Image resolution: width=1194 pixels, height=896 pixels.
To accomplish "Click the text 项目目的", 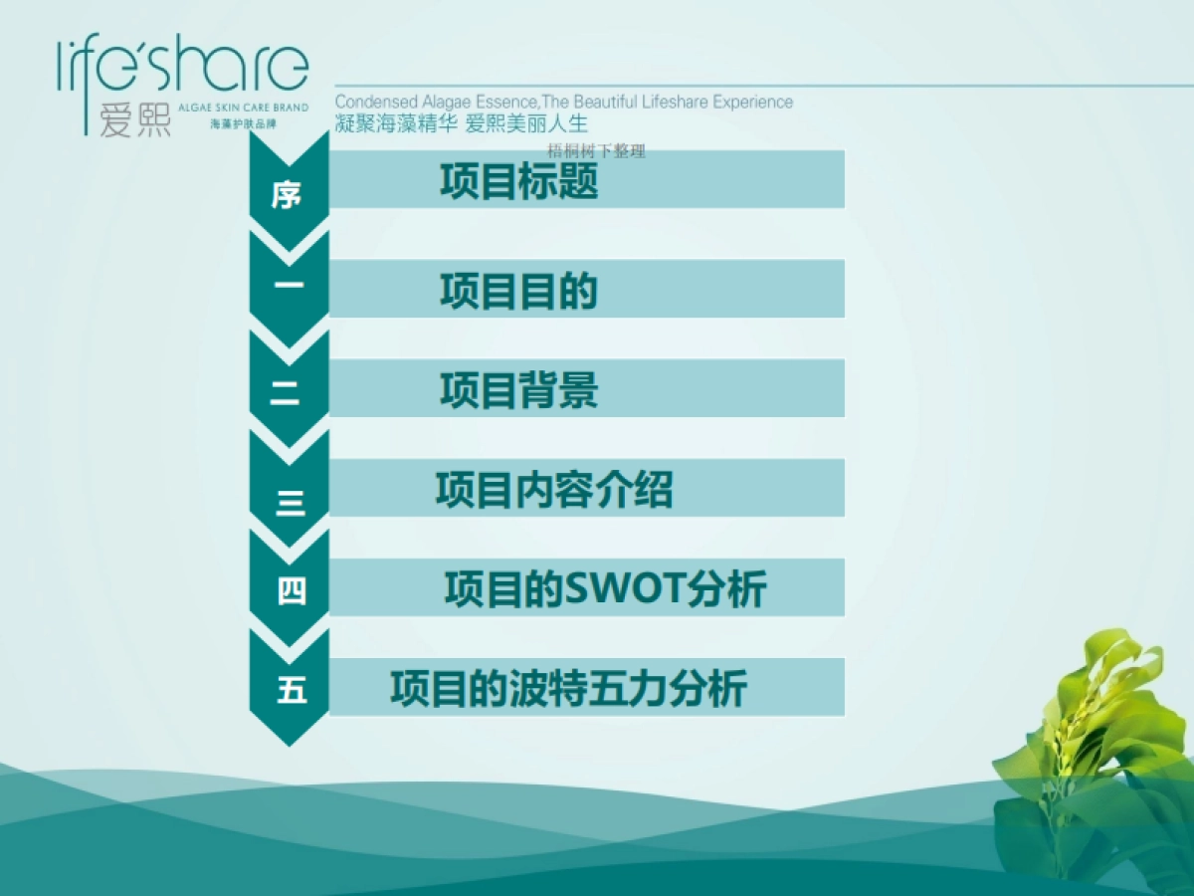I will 518,291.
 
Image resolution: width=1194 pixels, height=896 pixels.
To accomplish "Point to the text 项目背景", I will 518,390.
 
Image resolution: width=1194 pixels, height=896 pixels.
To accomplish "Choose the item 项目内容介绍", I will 553,490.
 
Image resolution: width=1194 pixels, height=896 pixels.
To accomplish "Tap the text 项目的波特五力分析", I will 568,689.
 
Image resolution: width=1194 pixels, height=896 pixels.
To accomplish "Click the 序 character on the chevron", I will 287,195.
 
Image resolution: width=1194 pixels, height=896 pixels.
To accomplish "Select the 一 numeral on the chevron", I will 289,287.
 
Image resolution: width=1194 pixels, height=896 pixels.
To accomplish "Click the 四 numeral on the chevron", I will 292,591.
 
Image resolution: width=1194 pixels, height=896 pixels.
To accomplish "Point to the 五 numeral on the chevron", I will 292,690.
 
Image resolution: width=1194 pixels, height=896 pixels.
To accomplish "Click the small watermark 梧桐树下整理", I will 597,151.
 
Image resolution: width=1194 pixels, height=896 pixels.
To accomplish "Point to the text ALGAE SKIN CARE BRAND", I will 244,108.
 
